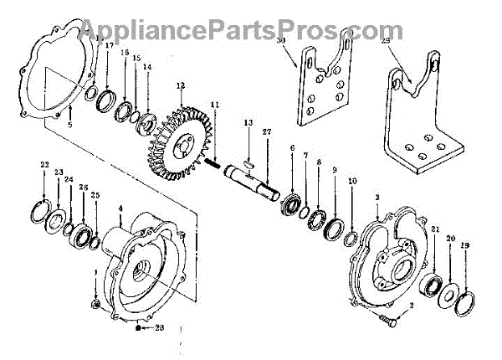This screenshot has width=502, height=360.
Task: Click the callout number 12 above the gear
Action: (179, 85)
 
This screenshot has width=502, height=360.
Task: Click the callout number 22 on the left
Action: (44, 164)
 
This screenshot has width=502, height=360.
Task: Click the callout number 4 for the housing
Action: (120, 208)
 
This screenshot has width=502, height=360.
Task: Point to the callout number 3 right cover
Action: (378, 195)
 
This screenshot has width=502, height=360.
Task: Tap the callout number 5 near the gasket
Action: (70, 125)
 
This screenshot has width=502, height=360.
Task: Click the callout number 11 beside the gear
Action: (215, 105)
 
